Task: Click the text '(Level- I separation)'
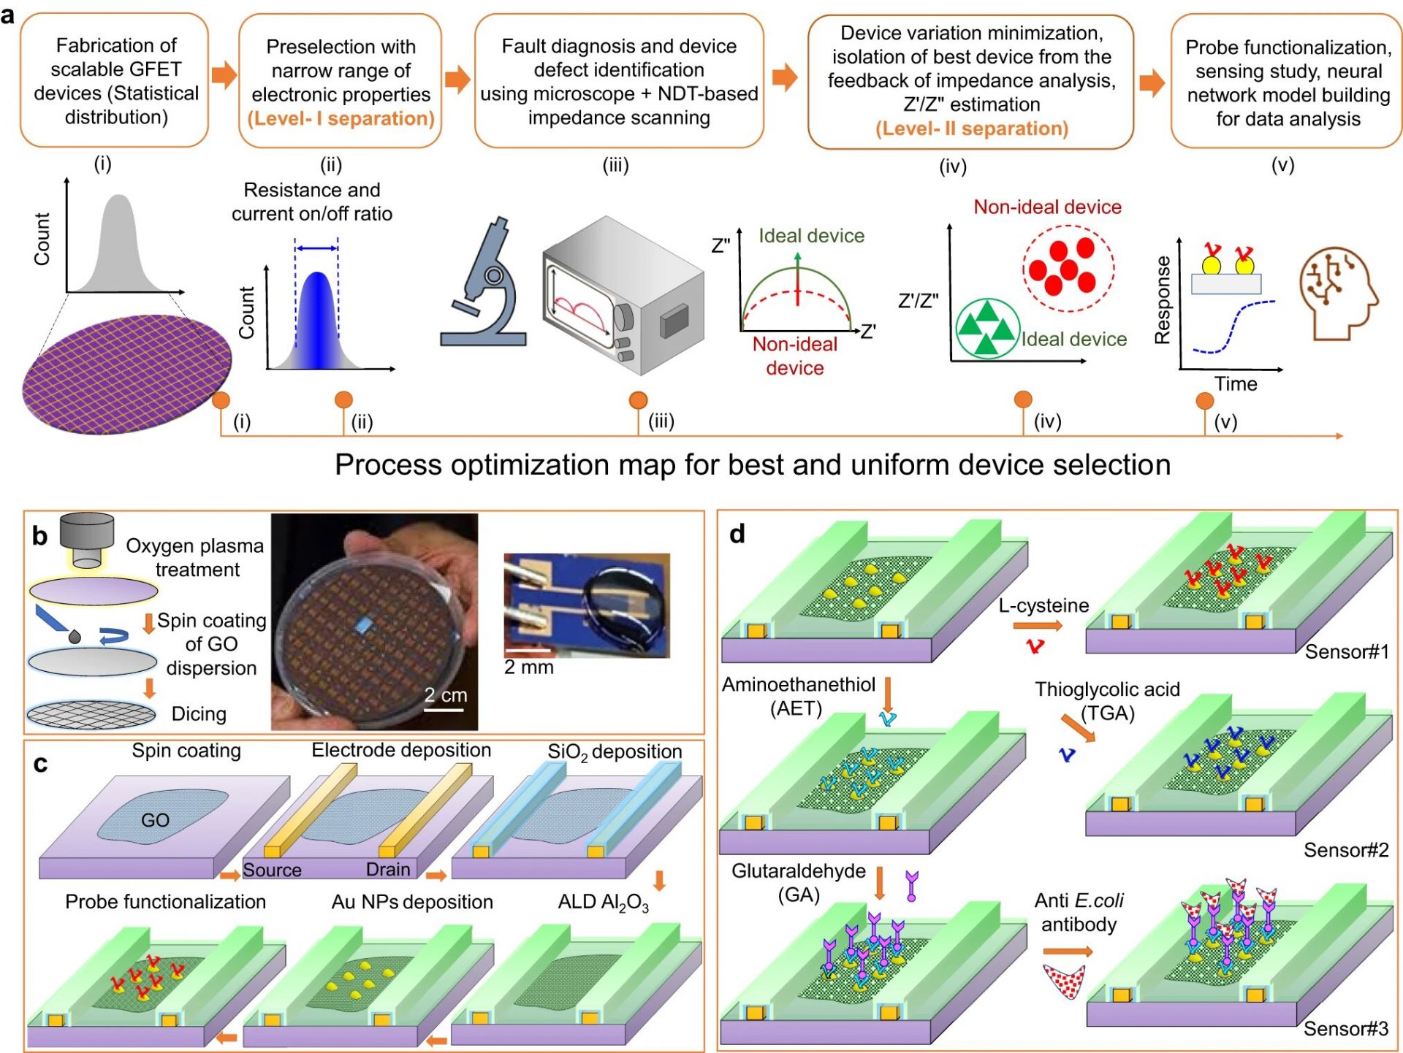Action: click(x=341, y=118)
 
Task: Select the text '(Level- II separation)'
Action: click(x=971, y=129)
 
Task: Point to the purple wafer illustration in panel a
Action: click(x=126, y=373)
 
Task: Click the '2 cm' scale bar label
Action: click(x=445, y=694)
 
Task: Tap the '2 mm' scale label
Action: click(x=528, y=667)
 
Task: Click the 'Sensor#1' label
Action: click(x=1346, y=651)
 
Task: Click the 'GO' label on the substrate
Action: click(x=155, y=820)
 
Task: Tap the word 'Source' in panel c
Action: click(x=272, y=870)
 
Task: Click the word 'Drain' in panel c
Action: click(x=387, y=870)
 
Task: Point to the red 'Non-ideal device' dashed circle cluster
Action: click(x=1068, y=268)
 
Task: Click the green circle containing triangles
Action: click(x=987, y=328)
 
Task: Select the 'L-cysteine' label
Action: click(x=1043, y=605)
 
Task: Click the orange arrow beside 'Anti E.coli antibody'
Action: click(x=1068, y=951)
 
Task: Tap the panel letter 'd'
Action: click(x=737, y=534)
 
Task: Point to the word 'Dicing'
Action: click(x=199, y=713)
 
